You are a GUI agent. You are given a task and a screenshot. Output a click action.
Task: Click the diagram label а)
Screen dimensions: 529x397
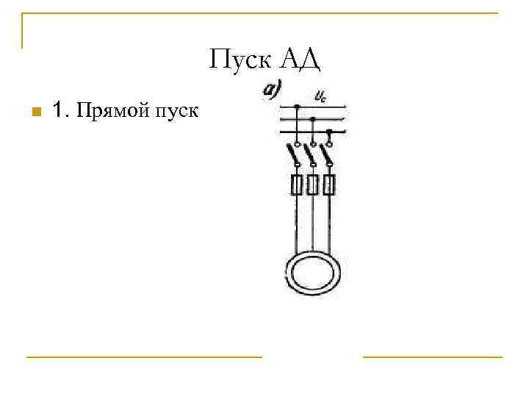pos(273,90)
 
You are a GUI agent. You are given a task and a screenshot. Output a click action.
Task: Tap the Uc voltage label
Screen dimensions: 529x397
pos(320,95)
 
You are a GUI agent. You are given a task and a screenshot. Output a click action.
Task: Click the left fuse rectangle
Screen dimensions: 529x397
pos(296,185)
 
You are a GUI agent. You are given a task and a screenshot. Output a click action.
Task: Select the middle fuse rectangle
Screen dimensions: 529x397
pos(313,185)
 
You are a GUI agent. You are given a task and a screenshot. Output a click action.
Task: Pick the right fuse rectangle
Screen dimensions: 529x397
pos(330,185)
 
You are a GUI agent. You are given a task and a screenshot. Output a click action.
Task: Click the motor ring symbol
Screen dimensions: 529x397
pos(313,272)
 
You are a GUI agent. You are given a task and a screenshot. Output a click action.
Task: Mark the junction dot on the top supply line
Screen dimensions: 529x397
pos(296,107)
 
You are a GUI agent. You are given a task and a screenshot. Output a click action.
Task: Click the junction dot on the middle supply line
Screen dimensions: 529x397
pos(313,118)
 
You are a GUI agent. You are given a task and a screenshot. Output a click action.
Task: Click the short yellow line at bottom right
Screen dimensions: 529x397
pos(432,357)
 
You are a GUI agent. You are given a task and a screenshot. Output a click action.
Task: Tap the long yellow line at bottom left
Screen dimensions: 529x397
pos(144,357)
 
